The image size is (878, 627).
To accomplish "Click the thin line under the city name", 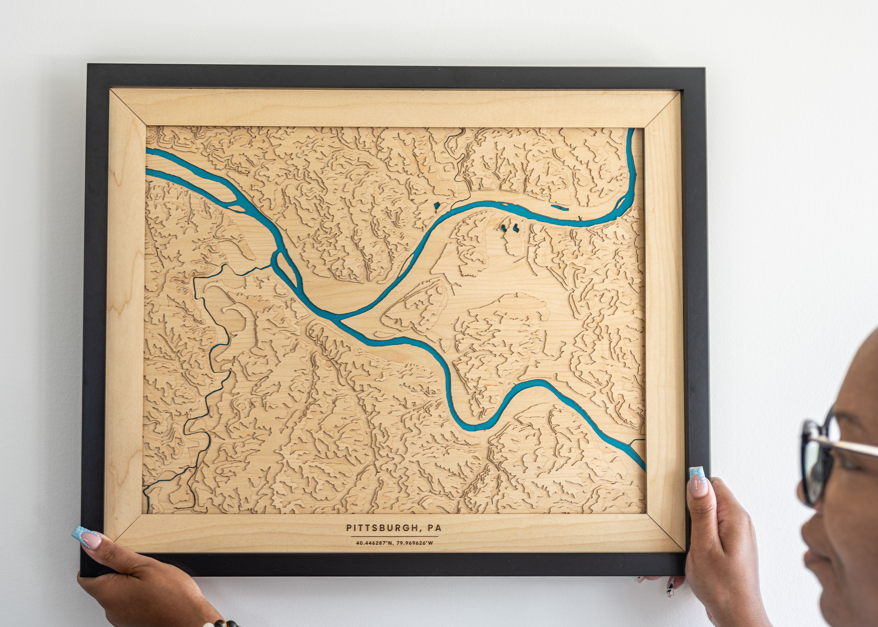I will coord(394,536).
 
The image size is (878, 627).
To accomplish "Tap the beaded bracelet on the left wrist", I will coord(222,623).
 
